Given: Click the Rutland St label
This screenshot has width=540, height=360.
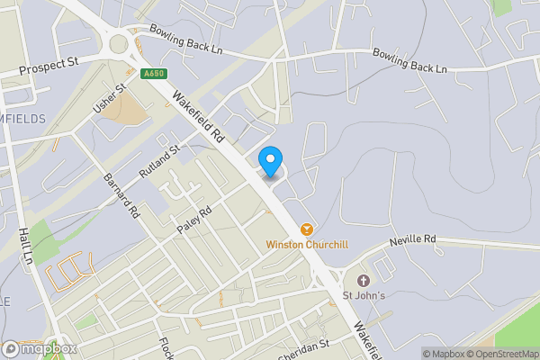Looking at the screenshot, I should coord(159,160).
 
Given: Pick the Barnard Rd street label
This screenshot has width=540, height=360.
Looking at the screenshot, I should coord(120,196).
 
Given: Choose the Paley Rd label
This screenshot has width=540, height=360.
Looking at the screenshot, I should coord(193,220).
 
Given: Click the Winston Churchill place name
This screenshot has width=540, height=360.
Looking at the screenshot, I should coord(307,245).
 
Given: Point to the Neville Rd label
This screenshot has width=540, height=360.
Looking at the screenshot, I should coord(412,240).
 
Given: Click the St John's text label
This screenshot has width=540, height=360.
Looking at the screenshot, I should coord(364,295).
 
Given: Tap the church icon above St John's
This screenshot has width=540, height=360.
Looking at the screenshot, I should coord(364,281).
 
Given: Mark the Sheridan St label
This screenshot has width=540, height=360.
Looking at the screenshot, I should coord(305,349).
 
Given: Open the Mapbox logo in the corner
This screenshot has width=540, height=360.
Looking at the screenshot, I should coord(39,348).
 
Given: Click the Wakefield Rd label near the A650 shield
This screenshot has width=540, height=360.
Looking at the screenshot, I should coord(198,118).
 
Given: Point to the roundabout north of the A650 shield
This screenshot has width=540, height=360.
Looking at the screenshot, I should coord(118,44).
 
